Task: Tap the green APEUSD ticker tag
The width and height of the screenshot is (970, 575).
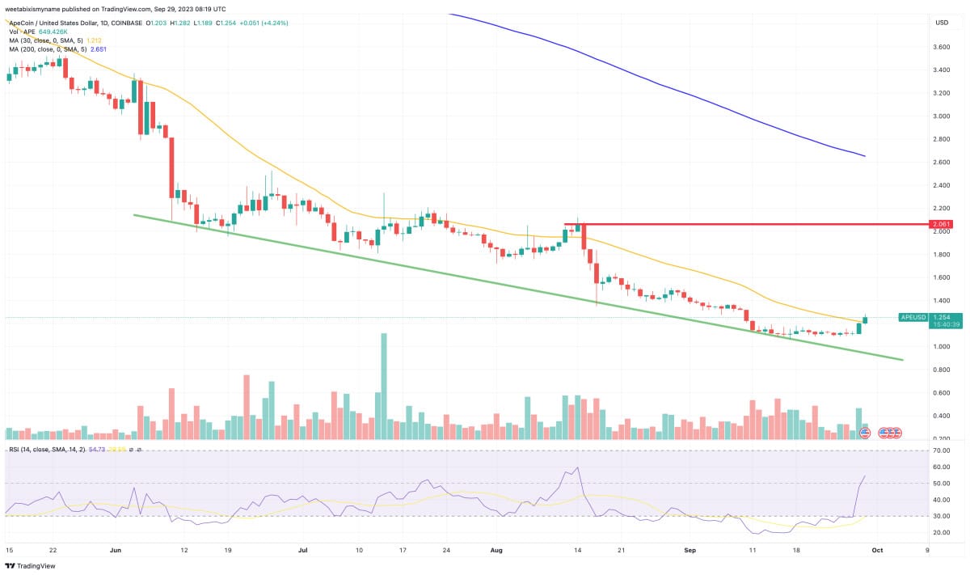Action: coord(913,318)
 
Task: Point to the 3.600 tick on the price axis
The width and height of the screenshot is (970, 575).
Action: coord(941,47)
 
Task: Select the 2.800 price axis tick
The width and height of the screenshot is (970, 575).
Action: coord(941,139)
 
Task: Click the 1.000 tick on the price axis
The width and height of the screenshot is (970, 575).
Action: coord(941,347)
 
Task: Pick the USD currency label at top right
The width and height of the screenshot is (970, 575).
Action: coord(942,23)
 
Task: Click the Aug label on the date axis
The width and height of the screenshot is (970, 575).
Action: coord(496,549)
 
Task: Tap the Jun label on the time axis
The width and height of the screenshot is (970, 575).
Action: coord(115,549)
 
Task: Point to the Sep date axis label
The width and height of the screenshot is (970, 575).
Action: coord(690,549)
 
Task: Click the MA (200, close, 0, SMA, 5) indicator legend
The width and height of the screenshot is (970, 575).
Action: coord(57,49)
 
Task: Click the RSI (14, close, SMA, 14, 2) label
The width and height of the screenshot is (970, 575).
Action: coord(48,449)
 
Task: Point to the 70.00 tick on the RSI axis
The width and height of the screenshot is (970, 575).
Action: coord(940,450)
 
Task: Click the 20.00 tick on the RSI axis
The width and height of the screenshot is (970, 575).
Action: coord(940,533)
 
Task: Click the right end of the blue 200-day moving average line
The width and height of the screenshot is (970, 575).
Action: coord(865,155)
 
